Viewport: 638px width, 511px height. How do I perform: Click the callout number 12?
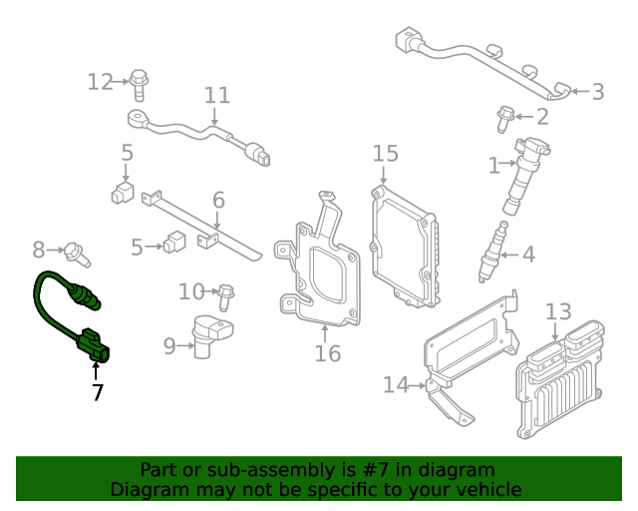pos(101,82)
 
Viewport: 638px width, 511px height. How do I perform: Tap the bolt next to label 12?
pos(139,84)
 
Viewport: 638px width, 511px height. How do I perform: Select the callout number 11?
pos(217,96)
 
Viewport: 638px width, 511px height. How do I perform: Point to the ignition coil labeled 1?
pos(521,175)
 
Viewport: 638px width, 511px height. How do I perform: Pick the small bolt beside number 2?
pos(504,119)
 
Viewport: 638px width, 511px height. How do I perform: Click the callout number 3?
pos(597,93)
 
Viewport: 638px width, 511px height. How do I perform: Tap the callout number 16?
pos(328,353)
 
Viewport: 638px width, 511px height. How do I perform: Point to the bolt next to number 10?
pos(226,292)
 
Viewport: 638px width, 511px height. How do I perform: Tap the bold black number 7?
pos(97,393)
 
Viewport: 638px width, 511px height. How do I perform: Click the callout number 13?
pos(558,311)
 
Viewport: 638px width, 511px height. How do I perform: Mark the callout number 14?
pos(396,384)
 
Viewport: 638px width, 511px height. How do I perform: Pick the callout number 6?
pos(218,200)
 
